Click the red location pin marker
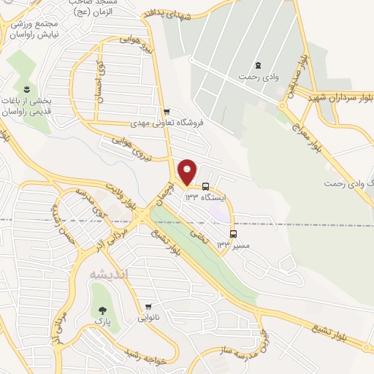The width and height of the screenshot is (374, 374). [x=188, y=171]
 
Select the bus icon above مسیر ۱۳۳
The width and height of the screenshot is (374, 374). [x=233, y=234]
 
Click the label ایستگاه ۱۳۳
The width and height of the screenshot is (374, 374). [x=207, y=197]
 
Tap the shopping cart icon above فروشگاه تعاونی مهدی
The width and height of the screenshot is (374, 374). [x=167, y=112]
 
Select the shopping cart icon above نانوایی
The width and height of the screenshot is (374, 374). [x=148, y=307]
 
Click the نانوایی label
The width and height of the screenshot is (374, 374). [x=148, y=318]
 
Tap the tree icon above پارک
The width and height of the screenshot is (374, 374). [x=97, y=309]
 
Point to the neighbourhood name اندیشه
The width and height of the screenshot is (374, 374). [x=108, y=274]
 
